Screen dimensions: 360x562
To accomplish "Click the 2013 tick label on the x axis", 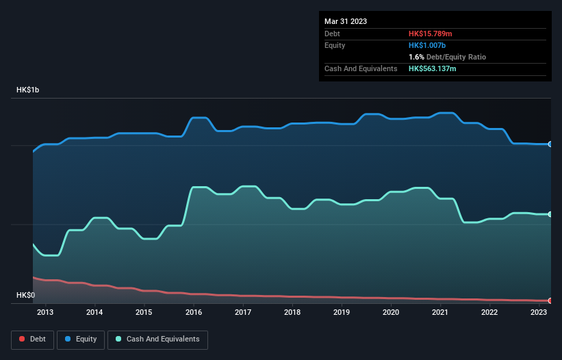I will (45, 313).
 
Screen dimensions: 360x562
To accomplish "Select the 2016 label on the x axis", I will (193, 313).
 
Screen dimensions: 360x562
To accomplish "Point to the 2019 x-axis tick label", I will (342, 313).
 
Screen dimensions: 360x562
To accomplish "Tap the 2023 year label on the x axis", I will (539, 313).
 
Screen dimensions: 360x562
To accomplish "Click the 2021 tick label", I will (440, 313).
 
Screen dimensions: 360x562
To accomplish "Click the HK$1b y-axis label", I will (30, 90).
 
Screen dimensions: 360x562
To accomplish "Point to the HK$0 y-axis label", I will (27, 296).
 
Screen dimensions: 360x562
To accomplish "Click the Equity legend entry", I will (81, 339).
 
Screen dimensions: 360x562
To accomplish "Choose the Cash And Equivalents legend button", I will (157, 339).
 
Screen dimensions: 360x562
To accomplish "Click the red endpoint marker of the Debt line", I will (550, 300).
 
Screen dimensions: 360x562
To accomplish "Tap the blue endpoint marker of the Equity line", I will (550, 144).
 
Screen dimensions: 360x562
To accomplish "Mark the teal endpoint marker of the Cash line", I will (550, 214).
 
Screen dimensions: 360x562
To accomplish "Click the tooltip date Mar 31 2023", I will (346, 21).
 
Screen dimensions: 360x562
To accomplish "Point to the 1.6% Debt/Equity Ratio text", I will (447, 57).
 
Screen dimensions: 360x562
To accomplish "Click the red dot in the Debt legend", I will (23, 339).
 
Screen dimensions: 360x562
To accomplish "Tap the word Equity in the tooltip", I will (335, 45).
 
